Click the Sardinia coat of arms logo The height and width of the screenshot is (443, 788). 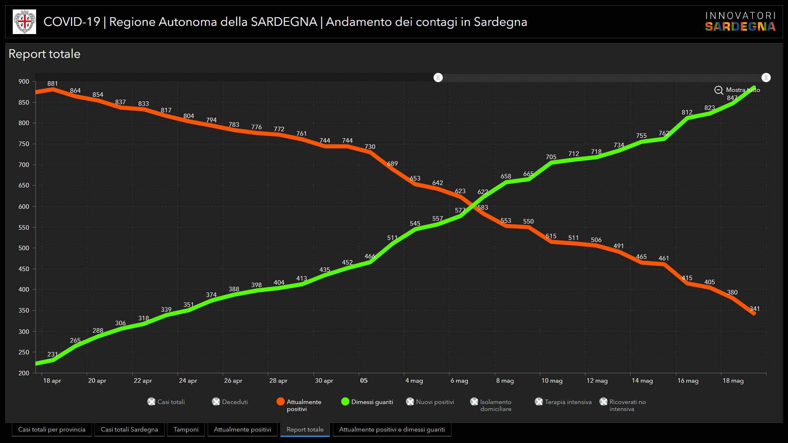tap(25, 22)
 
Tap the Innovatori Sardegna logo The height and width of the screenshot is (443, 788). tap(740, 22)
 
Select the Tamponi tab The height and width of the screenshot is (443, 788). tap(186, 429)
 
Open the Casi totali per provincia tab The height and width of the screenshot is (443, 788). tap(52, 429)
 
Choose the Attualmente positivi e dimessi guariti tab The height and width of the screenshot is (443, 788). tap(392, 429)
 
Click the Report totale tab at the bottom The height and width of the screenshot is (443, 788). tap(305, 429)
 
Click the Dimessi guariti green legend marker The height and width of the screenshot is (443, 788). tap(345, 402)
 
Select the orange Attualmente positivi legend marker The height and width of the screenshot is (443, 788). tap(281, 402)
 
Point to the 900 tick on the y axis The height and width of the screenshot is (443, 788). tap(24, 82)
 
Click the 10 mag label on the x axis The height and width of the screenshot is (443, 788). tap(552, 381)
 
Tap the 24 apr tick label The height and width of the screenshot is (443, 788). tap(188, 381)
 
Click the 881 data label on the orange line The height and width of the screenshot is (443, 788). tap(53, 84)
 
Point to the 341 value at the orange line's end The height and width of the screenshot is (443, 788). tap(754, 309)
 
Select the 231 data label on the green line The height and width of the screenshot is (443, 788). tap(53, 354)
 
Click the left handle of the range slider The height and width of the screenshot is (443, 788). tap(438, 78)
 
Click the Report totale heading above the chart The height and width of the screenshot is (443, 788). tap(44, 54)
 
